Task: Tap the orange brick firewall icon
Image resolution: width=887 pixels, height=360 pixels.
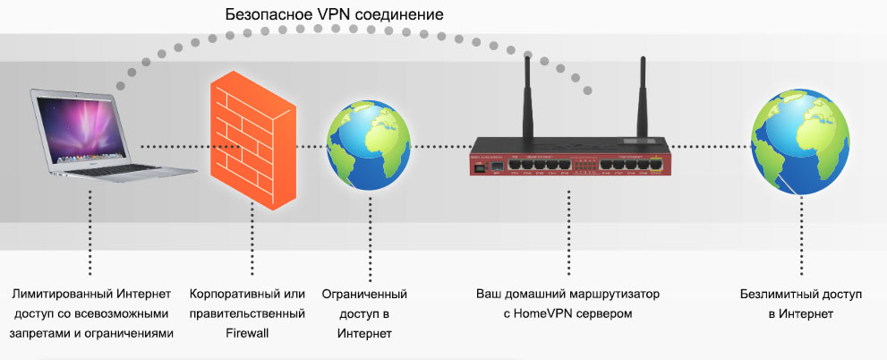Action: tap(248, 142)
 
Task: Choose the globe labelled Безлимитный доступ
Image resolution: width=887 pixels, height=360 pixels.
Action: tap(792, 143)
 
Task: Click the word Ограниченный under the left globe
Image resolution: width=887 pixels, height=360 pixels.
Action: tap(364, 294)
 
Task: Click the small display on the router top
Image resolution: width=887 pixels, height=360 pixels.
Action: tap(642, 141)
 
